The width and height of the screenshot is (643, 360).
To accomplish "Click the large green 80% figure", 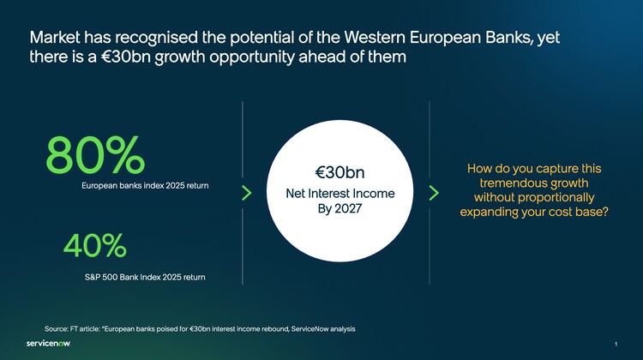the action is coord(95,155).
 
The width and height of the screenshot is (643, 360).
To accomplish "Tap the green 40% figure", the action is coord(95,245).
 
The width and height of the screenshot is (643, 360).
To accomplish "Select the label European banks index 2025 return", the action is coord(145,186).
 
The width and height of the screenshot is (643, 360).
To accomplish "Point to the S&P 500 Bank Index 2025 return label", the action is coord(145,277).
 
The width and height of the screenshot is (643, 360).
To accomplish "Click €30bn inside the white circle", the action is coord(340,172).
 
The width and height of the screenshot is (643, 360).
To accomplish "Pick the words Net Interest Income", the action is coord(340,193).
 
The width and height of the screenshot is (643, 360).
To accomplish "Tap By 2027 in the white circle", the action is coord(340,208).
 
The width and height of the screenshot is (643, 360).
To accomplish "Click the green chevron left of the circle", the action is coord(246,193).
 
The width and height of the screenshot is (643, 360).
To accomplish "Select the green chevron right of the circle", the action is coord(434,193).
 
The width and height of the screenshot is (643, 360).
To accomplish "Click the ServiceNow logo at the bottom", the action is coord(48,343).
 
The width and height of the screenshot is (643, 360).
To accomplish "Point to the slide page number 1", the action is coord(616,344).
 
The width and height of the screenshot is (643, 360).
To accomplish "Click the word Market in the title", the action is coord(55,38).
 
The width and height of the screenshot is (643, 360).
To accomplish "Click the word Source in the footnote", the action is coord(57,329).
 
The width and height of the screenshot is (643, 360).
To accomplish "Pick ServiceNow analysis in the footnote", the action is coord(323,329).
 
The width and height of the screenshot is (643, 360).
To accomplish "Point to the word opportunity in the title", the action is coord(252,57).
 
